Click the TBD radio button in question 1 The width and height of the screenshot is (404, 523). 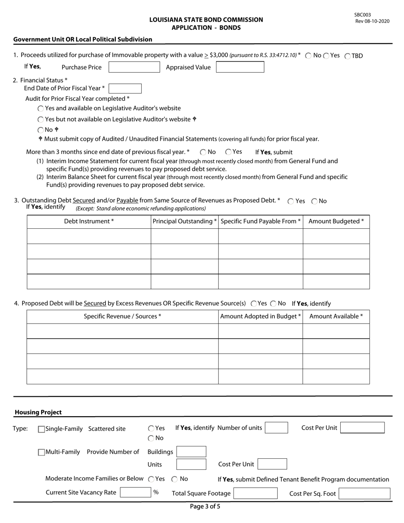tap(347, 56)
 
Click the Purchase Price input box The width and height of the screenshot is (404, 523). tap(134, 67)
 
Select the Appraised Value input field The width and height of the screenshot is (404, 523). tap(240, 67)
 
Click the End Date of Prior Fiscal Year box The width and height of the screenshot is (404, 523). tap(125, 88)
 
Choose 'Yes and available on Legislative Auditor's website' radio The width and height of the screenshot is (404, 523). tap(41, 108)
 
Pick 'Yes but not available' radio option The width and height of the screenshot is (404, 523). tap(41, 119)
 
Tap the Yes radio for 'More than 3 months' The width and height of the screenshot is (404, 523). tap(228, 152)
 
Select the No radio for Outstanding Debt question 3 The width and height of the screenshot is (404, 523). tap(315, 201)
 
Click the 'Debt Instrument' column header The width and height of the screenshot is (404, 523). tap(89, 222)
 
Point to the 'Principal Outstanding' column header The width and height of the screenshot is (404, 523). tap(185, 222)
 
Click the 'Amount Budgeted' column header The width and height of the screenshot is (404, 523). tap(336, 222)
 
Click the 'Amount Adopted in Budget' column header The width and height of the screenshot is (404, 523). tap(260, 316)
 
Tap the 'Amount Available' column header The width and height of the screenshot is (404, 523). tap(336, 316)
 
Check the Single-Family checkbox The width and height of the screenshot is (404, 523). tap(41, 429)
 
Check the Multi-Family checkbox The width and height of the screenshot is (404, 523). tap(41, 452)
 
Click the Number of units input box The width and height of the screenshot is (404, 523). tap(276, 428)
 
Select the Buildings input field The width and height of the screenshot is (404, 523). tap(191, 452)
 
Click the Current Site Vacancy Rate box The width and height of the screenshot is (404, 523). tap(135, 492)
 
